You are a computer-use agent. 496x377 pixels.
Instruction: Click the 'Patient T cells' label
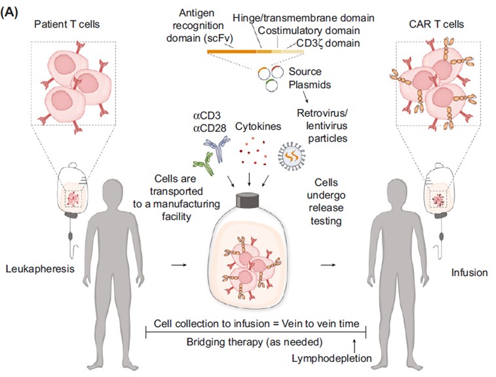click(x=67, y=25)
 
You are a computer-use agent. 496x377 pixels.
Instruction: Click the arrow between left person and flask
click(x=177, y=265)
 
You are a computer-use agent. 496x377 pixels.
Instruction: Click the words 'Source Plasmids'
click(x=309, y=77)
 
